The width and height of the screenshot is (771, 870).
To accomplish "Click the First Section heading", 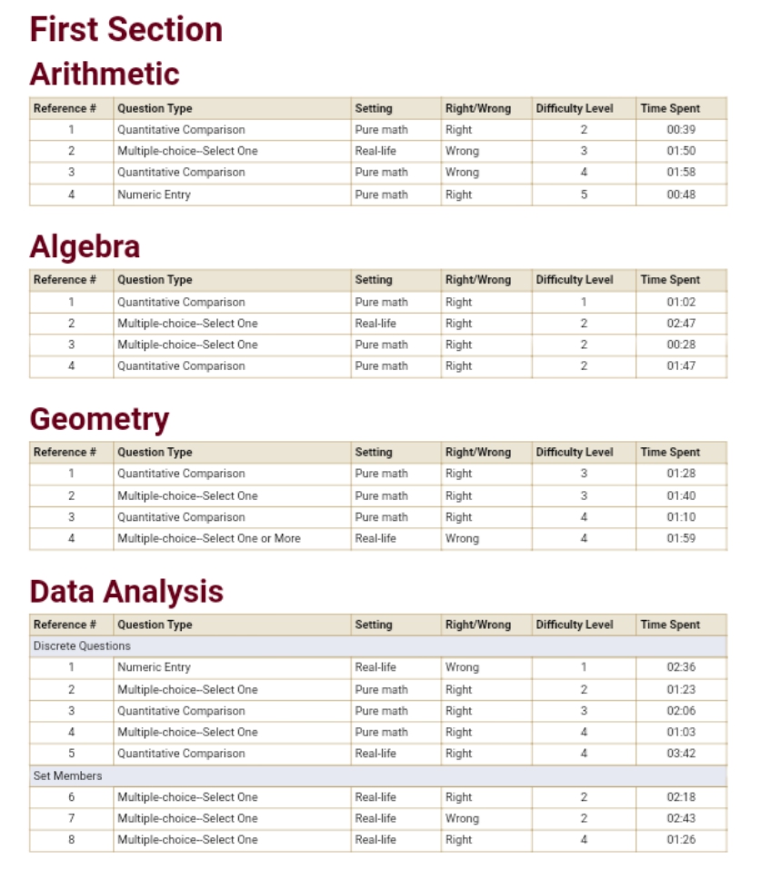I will tap(125, 29).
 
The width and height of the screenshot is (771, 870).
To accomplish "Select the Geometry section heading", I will tap(99, 419).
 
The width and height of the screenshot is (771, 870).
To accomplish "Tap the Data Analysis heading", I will tap(126, 592).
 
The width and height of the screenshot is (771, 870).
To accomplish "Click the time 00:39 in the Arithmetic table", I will tap(680, 130).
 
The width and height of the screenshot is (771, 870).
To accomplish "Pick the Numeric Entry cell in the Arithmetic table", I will tap(154, 195).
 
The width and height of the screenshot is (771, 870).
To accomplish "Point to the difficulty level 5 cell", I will tap(584, 195).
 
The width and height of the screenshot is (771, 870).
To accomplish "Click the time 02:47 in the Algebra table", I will tap(680, 324).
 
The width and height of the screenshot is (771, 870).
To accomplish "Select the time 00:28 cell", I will tap(680, 345).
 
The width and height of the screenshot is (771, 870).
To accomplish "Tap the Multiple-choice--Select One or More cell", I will tap(208, 538).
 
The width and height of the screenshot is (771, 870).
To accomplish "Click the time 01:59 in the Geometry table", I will tap(680, 538).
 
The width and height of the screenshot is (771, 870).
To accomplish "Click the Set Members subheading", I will tap(67, 775).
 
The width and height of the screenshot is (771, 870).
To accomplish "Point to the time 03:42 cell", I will tap(680, 754).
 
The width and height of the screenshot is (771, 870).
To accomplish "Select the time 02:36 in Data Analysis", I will tap(680, 667).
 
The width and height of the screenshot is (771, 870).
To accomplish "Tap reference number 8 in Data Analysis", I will tap(71, 840).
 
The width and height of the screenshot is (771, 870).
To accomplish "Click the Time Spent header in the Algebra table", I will tap(670, 280).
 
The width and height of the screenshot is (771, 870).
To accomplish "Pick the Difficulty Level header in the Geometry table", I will tap(575, 452).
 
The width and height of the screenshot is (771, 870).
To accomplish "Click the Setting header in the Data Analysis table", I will tap(374, 625).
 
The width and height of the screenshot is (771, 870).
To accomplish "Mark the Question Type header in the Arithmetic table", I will tap(155, 108).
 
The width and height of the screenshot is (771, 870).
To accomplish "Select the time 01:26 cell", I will tap(680, 840).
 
